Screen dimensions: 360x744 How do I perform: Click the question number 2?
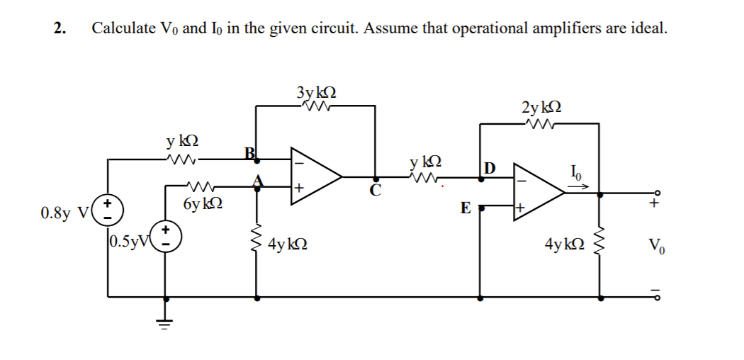(60, 28)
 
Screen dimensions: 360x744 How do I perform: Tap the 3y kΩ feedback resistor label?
(316, 92)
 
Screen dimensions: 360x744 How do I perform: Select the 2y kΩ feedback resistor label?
(543, 108)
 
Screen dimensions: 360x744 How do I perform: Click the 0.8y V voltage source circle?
(108, 210)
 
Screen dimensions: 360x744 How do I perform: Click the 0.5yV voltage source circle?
(167, 235)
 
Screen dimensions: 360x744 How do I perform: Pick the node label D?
(490, 168)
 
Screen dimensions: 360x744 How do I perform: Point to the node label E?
(465, 208)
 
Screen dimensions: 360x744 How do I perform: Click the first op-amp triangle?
(315, 176)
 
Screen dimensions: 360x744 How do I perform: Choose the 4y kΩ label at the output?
(564, 245)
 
